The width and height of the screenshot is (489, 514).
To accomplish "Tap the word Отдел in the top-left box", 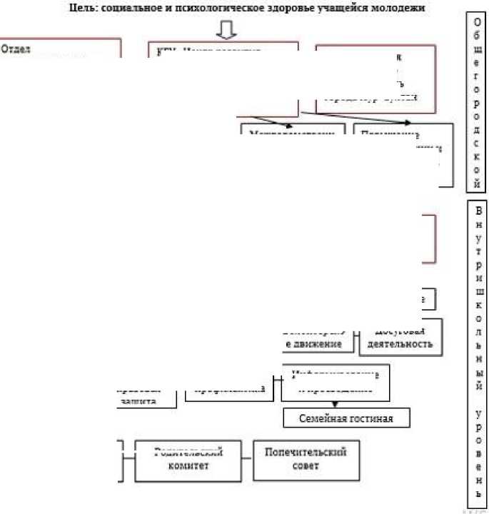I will click(15, 50).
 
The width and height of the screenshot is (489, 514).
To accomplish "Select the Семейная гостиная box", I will click(347, 417).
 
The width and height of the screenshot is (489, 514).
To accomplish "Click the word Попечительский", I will click(306, 453).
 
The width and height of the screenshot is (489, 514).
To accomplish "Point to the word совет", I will click(305, 467).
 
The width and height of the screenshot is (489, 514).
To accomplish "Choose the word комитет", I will click(188, 466).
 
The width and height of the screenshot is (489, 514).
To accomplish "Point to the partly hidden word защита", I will click(136, 401).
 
